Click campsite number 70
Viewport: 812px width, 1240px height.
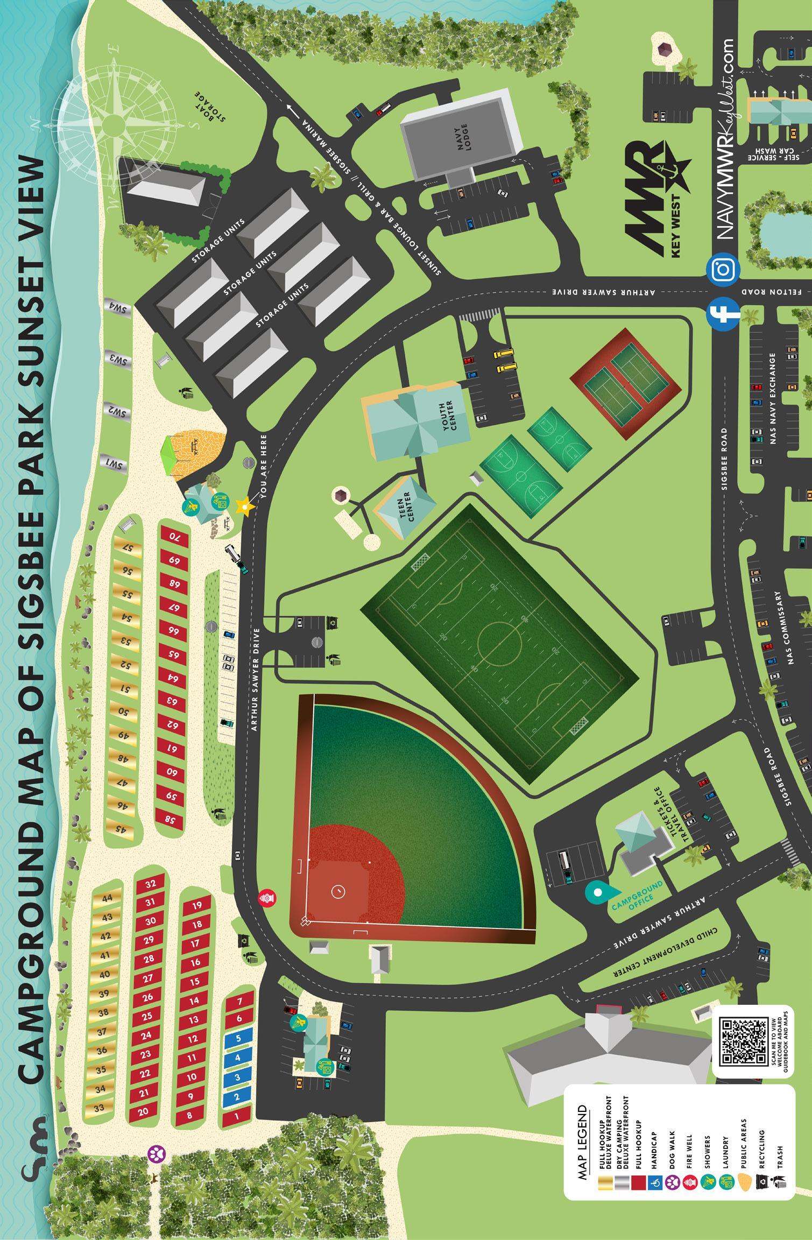(x=174, y=537)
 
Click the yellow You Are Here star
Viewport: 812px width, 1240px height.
(x=244, y=505)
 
